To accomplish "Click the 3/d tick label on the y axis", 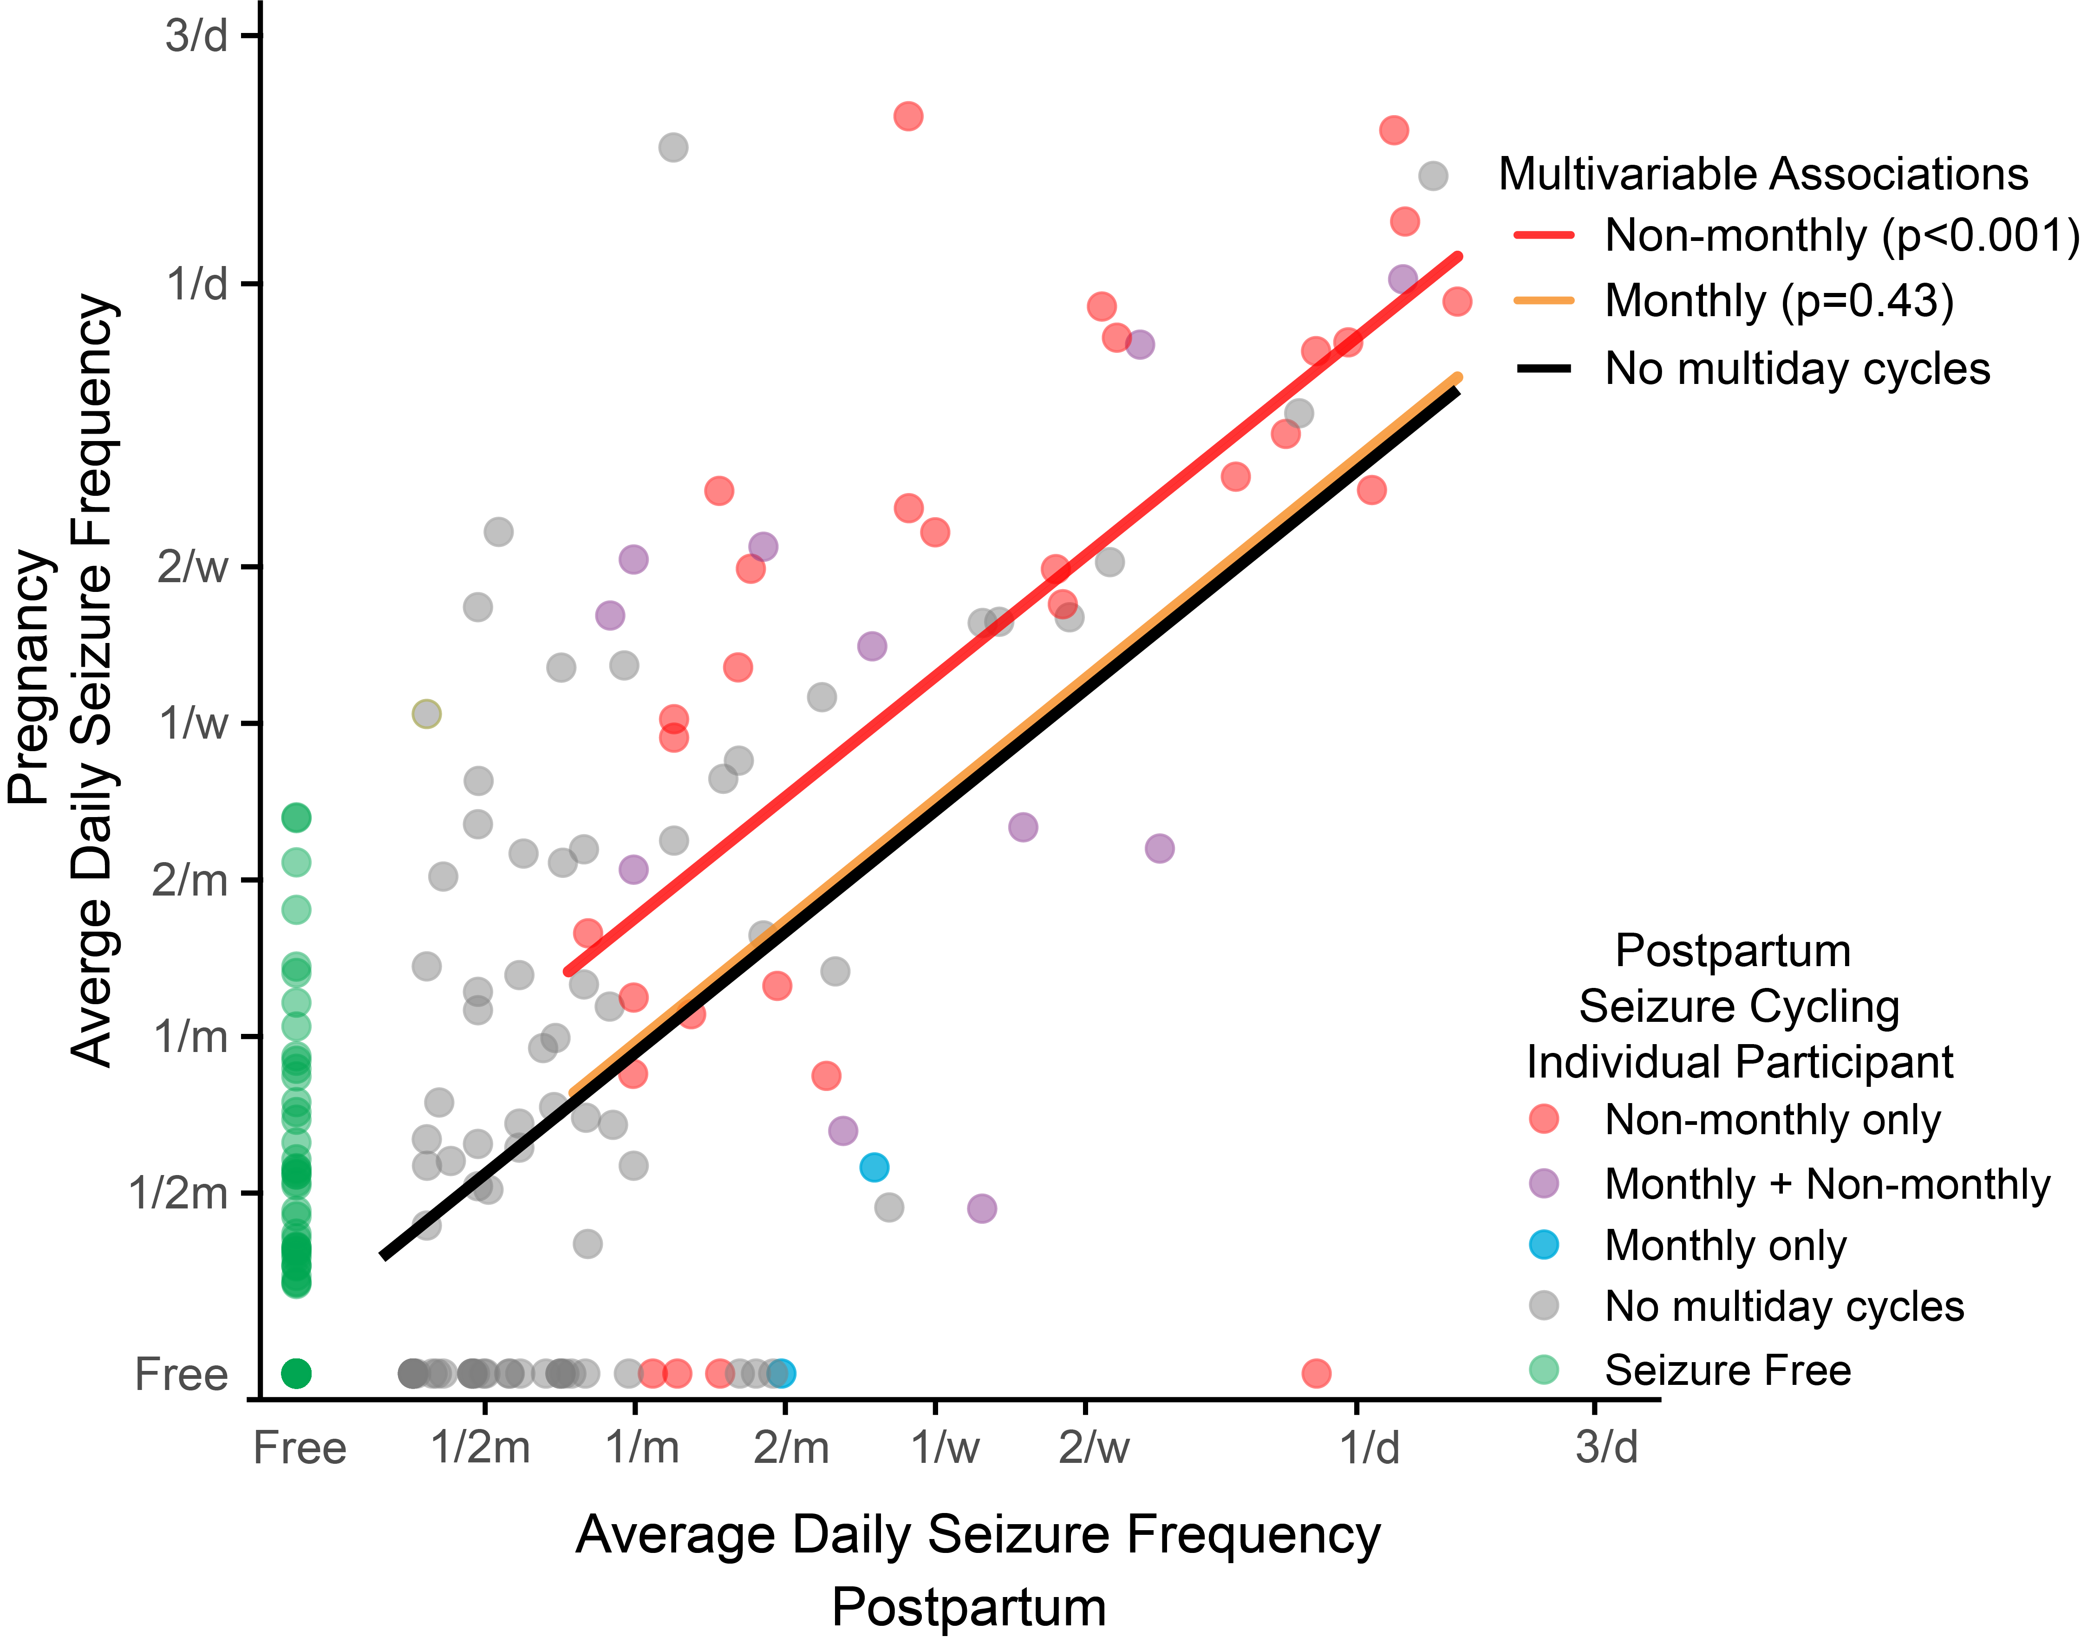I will point(196,37).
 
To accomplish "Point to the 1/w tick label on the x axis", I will point(945,1448).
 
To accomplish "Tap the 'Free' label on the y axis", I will point(181,1374).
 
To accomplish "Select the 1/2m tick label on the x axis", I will point(480,1448).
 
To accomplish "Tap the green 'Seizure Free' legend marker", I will point(1543,1369).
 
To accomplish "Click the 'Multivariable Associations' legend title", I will point(1762,174).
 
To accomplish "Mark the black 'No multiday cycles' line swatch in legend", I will point(1543,369).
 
